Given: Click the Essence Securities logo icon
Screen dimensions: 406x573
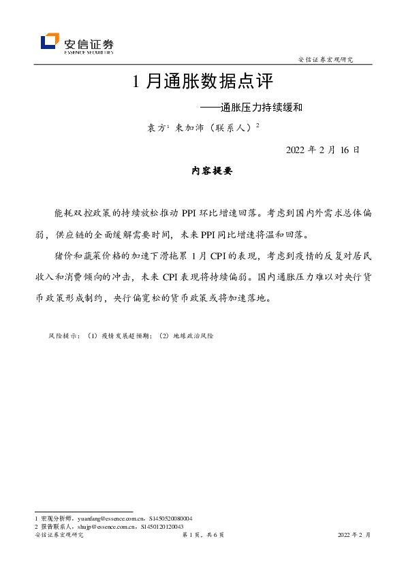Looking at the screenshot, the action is point(50,42).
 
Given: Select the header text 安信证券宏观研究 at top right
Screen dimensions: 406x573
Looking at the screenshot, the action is point(326,60).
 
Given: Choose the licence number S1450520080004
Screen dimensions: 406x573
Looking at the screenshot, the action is point(166,519).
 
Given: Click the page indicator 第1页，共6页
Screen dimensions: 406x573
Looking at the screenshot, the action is point(203,536).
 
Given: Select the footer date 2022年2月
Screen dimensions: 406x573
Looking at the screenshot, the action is point(354,536).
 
